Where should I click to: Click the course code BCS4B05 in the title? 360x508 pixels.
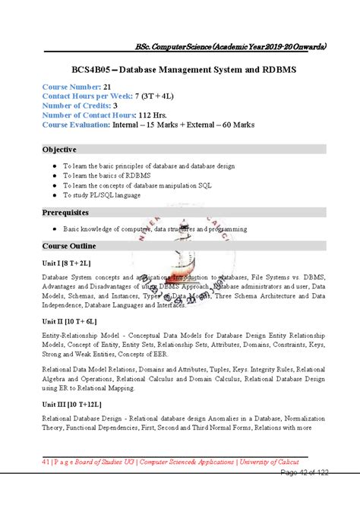click(97, 70)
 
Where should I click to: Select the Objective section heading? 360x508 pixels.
click(59, 150)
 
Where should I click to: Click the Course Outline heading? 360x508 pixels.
click(69, 246)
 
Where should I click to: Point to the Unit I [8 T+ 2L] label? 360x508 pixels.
click(66, 262)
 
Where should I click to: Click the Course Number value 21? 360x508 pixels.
click(108, 87)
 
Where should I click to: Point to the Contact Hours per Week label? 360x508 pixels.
click(86, 96)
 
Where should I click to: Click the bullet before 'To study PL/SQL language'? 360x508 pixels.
click(52, 195)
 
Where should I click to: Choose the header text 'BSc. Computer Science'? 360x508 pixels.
click(174, 47)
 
